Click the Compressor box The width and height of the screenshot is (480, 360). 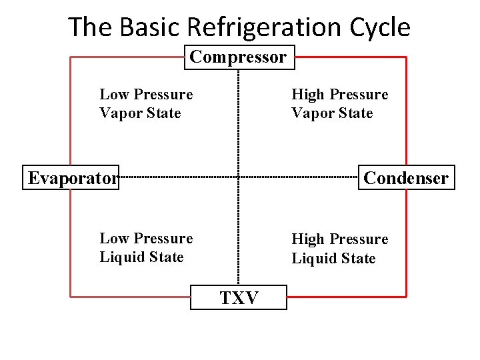point(239,57)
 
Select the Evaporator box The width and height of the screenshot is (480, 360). point(71,178)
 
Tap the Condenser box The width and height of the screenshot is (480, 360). point(406,178)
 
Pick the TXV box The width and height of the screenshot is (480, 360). point(239,297)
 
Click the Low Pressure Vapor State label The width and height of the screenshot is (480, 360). point(146,104)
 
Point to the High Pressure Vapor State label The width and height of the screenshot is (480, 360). point(339,104)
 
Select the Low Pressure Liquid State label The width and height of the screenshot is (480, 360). point(146,247)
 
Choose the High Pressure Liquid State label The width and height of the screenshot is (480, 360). point(339,248)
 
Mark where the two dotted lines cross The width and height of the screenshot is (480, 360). point(239,177)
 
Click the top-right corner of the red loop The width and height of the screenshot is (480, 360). point(406,57)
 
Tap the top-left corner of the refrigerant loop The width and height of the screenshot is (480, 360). point(71,57)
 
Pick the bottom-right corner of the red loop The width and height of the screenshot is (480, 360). point(406,296)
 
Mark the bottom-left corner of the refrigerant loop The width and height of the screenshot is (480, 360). point(71,296)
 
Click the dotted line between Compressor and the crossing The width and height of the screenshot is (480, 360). point(239,120)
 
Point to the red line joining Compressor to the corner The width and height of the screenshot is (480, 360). point(350,57)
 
